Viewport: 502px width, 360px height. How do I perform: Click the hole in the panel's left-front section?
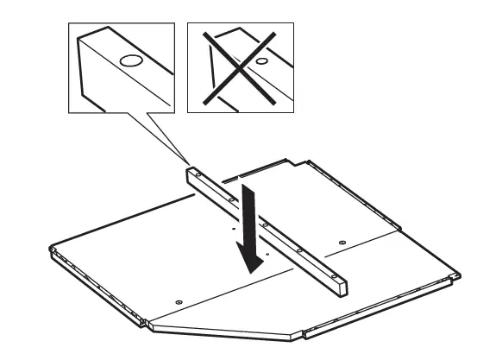(179, 300)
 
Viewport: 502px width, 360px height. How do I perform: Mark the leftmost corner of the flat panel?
(49, 250)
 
